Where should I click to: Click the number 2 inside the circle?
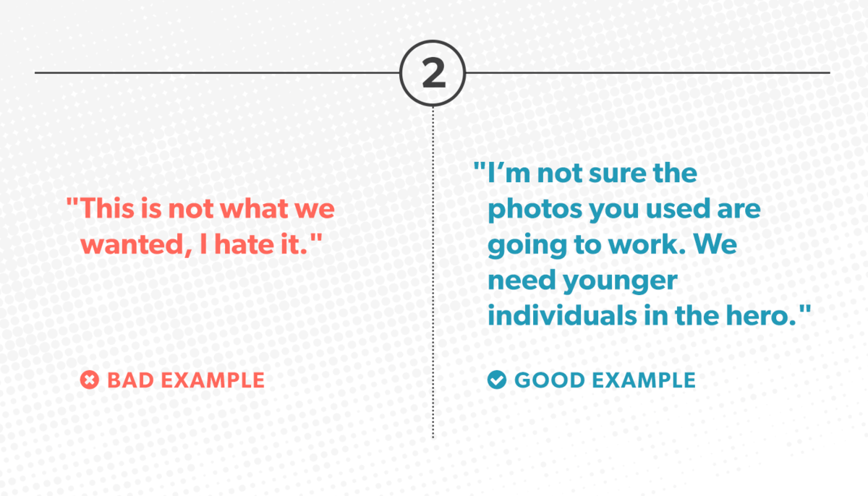pos(433,73)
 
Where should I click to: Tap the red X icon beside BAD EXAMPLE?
pos(90,380)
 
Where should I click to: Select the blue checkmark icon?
pos(497,380)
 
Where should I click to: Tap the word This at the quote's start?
pos(107,208)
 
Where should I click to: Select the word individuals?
pos(562,315)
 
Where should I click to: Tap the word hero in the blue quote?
pos(759,315)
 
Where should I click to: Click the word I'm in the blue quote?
pos(509,173)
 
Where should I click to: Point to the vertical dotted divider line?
pos(433,272)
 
